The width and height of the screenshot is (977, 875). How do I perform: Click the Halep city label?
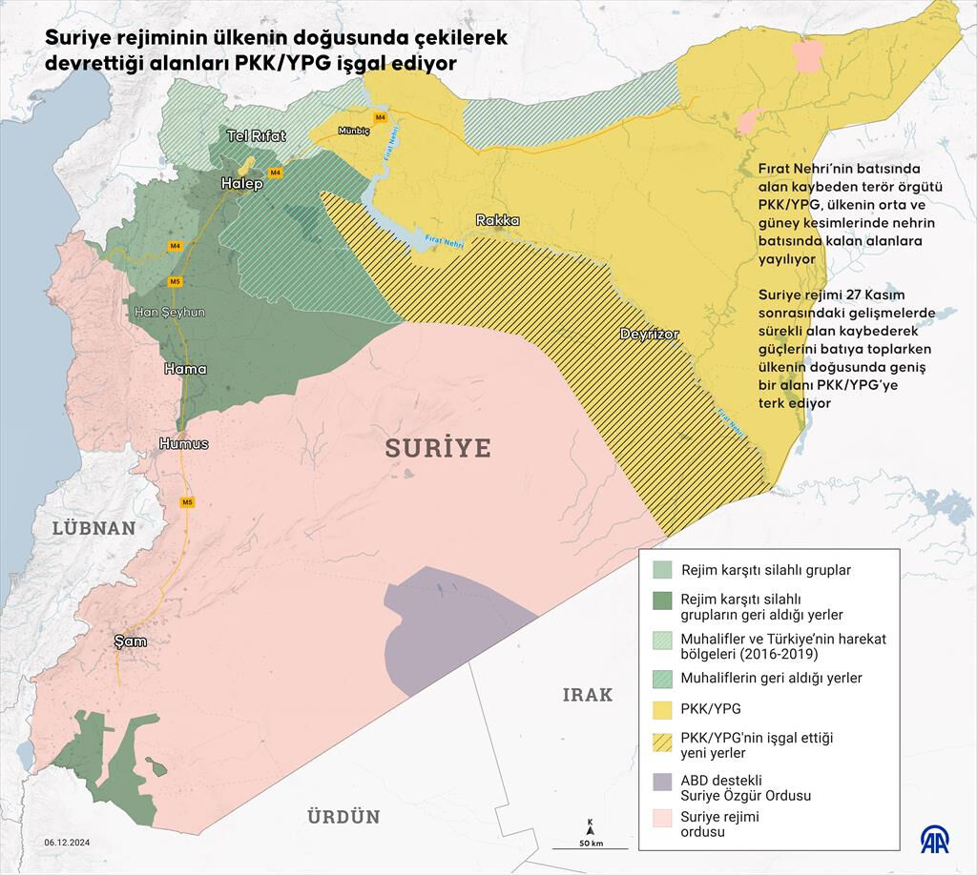pyautogui.click(x=241, y=183)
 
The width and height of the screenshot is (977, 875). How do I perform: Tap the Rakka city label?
pyautogui.click(x=498, y=220)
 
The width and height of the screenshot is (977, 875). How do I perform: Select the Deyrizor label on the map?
pyautogui.click(x=649, y=335)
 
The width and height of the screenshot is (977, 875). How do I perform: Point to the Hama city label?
pyautogui.click(x=184, y=369)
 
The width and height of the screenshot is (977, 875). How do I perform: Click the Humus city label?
pyautogui.click(x=183, y=444)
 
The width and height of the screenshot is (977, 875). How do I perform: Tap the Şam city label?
pyautogui.click(x=130, y=641)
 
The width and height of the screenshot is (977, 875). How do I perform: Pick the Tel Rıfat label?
pyautogui.click(x=256, y=136)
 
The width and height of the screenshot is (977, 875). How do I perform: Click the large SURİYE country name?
pyautogui.click(x=438, y=448)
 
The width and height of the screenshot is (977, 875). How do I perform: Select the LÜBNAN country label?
pyautogui.click(x=94, y=528)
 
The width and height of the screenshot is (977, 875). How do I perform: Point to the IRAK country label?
pyautogui.click(x=587, y=695)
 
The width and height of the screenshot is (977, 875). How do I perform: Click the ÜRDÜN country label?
pyautogui.click(x=343, y=817)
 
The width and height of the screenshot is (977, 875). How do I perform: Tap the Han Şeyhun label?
pyautogui.click(x=169, y=312)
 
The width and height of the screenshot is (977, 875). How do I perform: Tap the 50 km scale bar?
pyautogui.click(x=591, y=835)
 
